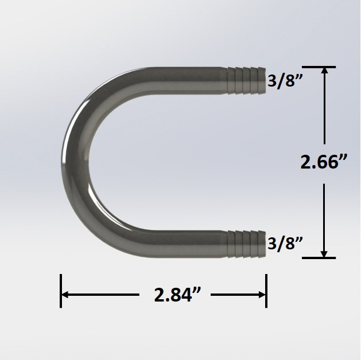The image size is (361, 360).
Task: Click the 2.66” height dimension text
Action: click(x=324, y=163)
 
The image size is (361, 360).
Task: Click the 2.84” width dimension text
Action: click(x=177, y=295)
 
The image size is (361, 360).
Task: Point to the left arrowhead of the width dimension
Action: click(x=65, y=295)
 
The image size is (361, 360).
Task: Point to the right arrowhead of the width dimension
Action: click(x=262, y=295)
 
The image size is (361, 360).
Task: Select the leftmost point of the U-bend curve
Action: click(x=62, y=161)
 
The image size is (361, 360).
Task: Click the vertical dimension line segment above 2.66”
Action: click(x=325, y=109)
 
